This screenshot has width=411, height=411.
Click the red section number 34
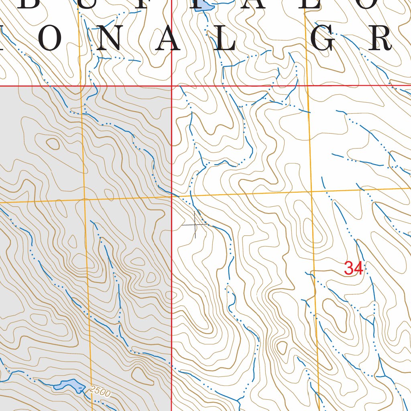click(354, 268)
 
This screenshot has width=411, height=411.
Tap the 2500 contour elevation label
click(99, 391)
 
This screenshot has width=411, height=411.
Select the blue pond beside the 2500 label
click(69, 385)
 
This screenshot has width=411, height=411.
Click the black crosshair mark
click(195, 225)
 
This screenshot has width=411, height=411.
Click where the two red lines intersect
click(171, 85)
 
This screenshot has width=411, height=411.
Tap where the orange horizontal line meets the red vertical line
click(172, 197)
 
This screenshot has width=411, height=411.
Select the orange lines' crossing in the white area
click(311, 191)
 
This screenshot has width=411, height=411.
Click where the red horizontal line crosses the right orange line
click(307, 85)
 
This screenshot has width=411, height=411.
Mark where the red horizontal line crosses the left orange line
click(80, 85)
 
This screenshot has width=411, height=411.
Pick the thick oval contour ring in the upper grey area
click(52, 143)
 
